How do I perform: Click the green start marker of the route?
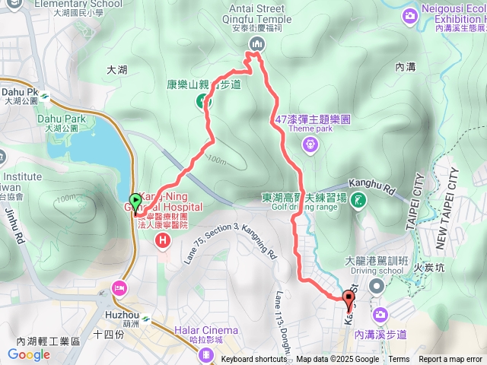click(135, 202)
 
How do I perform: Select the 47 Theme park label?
click(313, 120)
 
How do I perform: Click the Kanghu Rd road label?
click(374, 183)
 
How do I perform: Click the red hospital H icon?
click(162, 241)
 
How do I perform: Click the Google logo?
click(29, 354)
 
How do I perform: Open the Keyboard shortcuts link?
click(254, 360)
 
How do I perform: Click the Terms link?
click(399, 360)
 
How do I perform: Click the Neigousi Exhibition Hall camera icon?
click(411, 14)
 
